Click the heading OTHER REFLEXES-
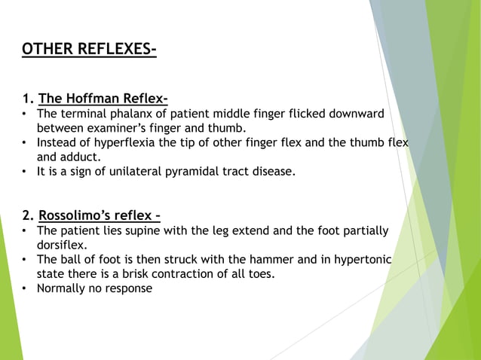point(89,50)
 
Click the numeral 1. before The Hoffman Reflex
point(28,99)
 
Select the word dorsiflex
point(63,245)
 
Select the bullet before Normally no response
point(25,288)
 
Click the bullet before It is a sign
point(25,171)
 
